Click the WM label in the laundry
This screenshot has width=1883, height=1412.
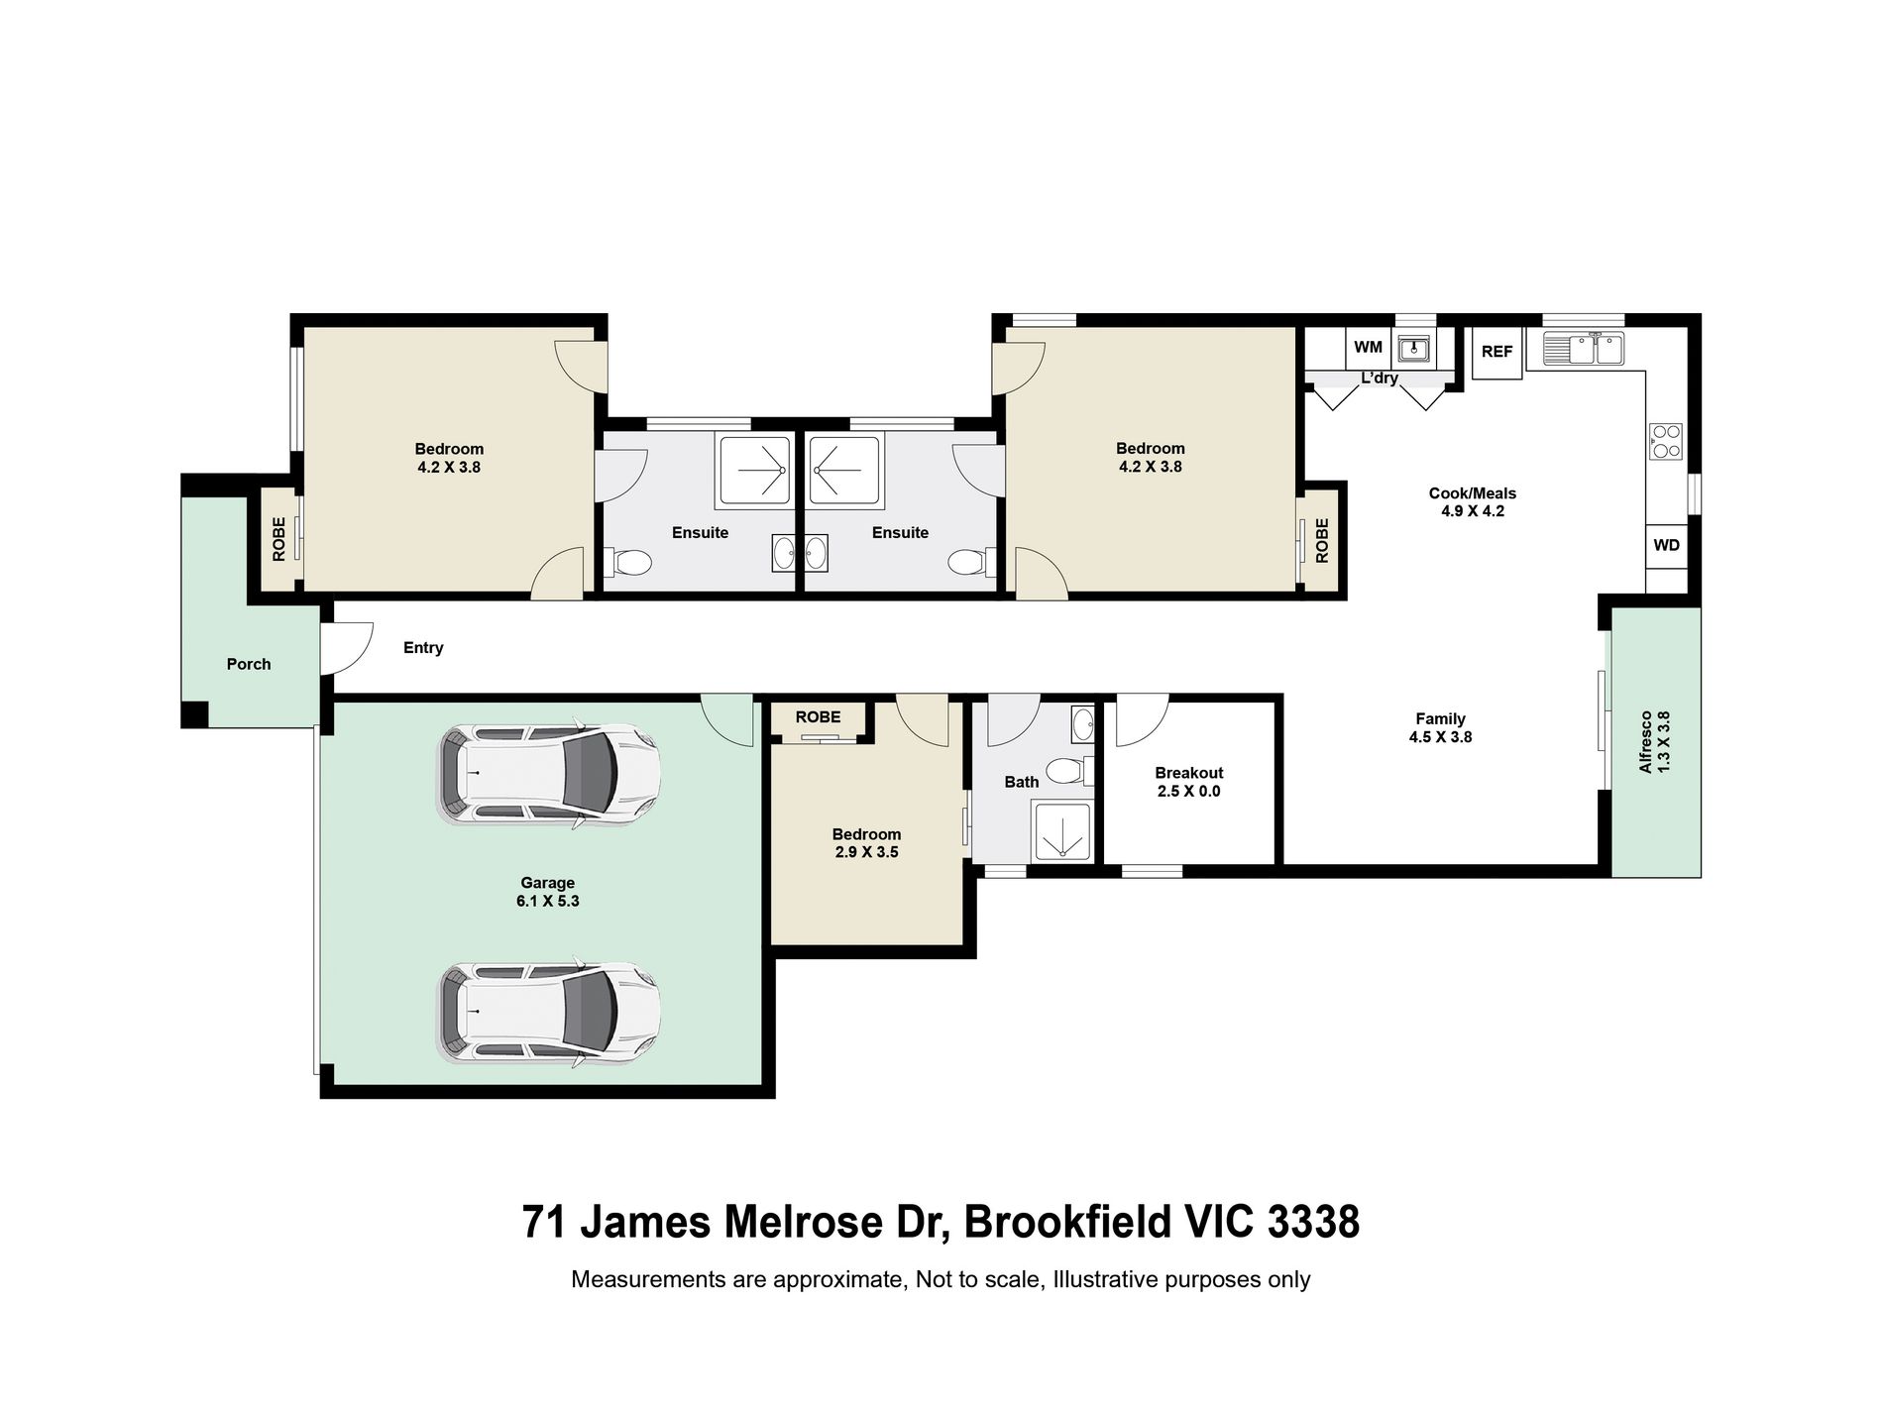coord(1368,348)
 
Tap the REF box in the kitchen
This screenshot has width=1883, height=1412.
coord(1496,352)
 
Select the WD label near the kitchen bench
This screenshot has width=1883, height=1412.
coord(1667,545)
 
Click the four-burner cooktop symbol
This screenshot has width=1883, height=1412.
coord(1666,441)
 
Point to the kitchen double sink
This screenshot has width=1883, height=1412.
coord(1584,349)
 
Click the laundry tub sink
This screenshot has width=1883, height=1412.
coord(1412,349)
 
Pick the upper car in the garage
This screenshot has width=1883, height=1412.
coord(548,775)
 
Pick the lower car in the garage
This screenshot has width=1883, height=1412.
coord(548,1013)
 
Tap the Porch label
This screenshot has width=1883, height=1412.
coord(249,664)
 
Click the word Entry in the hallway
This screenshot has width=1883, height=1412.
coord(423,648)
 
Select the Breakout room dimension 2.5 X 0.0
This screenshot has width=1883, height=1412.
coord(1189,792)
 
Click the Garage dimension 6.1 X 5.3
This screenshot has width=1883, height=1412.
coord(548,902)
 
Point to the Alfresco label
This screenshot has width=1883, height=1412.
coord(1646,741)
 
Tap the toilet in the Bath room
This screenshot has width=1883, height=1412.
coord(1068,770)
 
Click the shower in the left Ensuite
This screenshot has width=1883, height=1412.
coord(754,470)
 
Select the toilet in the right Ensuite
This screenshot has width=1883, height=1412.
coord(969,563)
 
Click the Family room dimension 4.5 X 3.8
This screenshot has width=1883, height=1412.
coord(1440,737)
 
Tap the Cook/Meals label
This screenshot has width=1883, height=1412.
coord(1473,493)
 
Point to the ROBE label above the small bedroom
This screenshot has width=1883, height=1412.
coord(818,717)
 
